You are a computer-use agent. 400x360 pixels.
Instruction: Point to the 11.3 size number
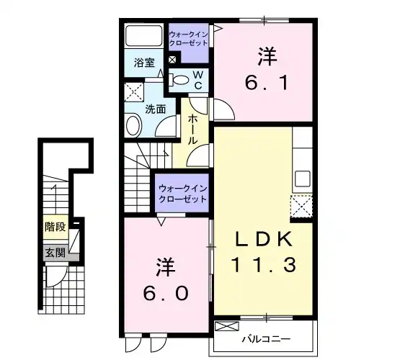(265, 265)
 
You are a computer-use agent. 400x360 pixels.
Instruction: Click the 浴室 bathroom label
(144, 63)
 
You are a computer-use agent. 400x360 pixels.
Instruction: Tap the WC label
(197, 79)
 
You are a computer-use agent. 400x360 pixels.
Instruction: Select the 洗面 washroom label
(156, 109)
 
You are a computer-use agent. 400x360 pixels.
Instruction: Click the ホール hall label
(192, 130)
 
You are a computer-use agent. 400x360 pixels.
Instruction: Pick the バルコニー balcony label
(266, 337)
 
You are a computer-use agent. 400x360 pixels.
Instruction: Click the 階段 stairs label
(55, 227)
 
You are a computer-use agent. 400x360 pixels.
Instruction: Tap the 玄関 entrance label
(54, 252)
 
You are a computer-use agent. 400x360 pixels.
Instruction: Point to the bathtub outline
(144, 36)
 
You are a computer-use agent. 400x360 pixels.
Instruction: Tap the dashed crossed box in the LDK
(301, 207)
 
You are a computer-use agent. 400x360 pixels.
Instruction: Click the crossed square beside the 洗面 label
(133, 91)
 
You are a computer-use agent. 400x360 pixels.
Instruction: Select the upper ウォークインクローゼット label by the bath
(188, 37)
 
